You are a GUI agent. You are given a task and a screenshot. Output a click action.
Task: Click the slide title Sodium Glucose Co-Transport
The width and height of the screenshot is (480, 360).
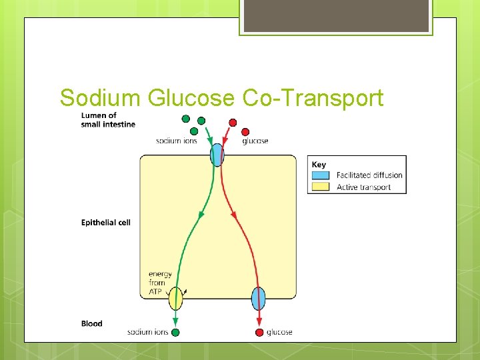[x=221, y=98]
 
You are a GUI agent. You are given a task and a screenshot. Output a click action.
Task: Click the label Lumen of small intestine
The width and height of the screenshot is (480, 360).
[x=107, y=119]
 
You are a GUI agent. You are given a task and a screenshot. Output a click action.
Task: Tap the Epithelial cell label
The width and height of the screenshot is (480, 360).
[x=105, y=222]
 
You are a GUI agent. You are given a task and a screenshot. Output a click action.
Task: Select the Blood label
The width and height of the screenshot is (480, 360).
[x=92, y=323]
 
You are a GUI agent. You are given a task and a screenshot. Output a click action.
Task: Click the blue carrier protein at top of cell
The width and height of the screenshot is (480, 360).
[x=217, y=155]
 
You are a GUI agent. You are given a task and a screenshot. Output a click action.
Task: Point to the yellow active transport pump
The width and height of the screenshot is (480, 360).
[x=175, y=298]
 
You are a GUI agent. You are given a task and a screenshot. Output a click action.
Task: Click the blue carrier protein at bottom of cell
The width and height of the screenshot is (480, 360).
[x=259, y=298]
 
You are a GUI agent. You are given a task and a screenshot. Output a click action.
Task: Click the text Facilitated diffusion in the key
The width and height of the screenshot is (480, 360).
[x=369, y=175]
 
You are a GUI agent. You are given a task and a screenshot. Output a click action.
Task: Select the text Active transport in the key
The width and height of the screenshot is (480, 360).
[x=363, y=187]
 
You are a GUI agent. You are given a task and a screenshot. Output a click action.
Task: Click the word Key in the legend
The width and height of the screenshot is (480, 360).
[x=319, y=164]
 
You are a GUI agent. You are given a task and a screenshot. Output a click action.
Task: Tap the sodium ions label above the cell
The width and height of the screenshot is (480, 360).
[x=176, y=141]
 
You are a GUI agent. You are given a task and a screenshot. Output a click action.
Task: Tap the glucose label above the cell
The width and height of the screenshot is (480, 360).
[x=255, y=141]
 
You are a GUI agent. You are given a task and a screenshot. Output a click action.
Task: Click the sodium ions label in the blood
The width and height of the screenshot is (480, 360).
[x=147, y=332]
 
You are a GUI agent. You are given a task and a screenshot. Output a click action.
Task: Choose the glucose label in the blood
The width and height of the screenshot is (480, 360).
[x=279, y=332]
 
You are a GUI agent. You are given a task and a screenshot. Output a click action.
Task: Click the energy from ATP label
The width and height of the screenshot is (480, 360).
[x=160, y=283]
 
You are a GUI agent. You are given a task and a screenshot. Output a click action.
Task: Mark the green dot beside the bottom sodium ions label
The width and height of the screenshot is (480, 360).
[x=175, y=332]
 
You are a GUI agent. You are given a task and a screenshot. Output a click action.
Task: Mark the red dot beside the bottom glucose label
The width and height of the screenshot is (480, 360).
[x=259, y=332]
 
